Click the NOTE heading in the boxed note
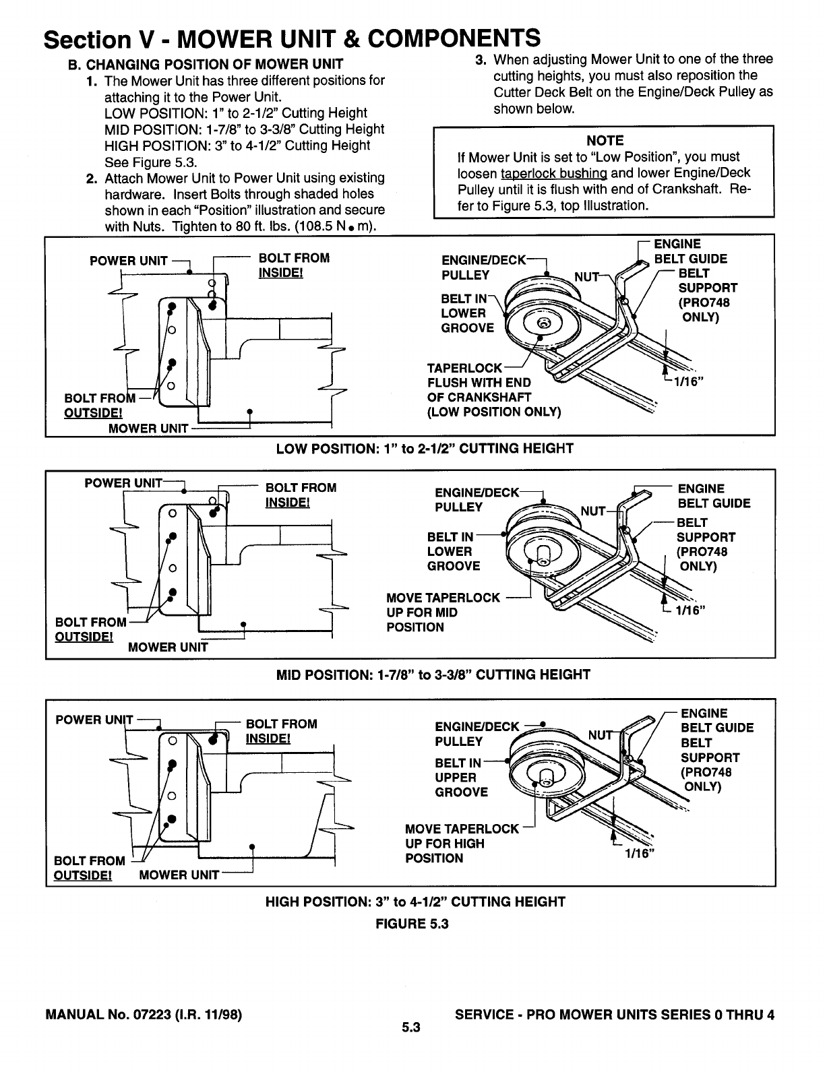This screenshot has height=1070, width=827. [x=605, y=140]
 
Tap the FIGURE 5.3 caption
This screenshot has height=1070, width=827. [x=411, y=924]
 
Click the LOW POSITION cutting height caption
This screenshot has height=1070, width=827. [x=425, y=449]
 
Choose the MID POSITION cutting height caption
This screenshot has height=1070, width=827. [x=433, y=674]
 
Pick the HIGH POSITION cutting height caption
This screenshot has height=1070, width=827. [x=415, y=902]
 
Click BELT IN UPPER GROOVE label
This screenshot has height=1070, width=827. [x=462, y=778]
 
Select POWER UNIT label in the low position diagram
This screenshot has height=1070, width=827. [x=128, y=261]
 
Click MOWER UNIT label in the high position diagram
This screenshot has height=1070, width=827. [x=179, y=875]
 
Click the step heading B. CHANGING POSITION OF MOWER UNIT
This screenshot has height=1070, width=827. [x=206, y=64]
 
